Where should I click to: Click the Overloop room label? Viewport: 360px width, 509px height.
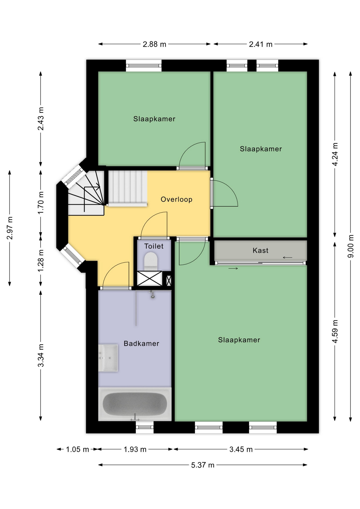(176, 199)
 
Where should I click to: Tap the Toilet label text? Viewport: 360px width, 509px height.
(154, 246)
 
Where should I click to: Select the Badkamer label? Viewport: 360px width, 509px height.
(141, 344)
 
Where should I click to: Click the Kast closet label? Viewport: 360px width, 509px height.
(260, 251)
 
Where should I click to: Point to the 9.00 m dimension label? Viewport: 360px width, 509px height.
(350, 246)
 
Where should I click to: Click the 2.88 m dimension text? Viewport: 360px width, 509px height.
(154, 44)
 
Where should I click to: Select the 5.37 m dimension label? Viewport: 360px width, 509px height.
(203, 465)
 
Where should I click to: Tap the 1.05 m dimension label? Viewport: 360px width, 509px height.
(77, 449)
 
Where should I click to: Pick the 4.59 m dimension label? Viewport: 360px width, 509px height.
(335, 331)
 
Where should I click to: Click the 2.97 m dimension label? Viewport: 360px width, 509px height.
(10, 228)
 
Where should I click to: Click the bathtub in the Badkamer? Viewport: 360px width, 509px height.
(135, 404)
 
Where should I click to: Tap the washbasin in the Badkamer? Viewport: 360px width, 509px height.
(108, 358)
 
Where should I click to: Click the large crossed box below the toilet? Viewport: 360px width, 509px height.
(149, 279)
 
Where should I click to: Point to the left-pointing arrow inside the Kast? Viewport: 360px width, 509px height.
(287, 257)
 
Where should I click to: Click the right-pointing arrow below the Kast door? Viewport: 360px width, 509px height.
(233, 269)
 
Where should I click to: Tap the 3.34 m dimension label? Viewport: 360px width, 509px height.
(41, 356)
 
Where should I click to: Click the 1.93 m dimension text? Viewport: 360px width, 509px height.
(135, 449)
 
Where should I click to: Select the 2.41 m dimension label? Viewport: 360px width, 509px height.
(261, 44)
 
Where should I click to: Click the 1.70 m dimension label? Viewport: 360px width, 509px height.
(41, 203)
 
